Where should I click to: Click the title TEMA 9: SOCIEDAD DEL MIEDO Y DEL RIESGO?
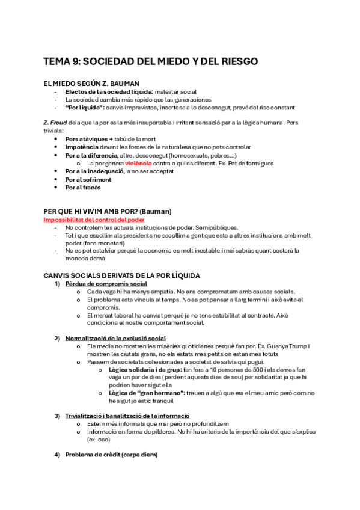[151, 62]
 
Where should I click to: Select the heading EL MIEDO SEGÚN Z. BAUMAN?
[92, 83]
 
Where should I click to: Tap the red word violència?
[138, 163]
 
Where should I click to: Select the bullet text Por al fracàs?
[83, 187]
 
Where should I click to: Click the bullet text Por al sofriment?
[88, 179]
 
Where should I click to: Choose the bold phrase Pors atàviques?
[85, 139]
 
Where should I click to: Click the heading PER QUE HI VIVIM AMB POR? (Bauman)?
[108, 211]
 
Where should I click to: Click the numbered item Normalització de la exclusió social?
[115, 339]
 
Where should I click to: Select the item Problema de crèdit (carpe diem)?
[111, 455]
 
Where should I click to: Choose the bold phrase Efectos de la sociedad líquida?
[109, 91]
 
